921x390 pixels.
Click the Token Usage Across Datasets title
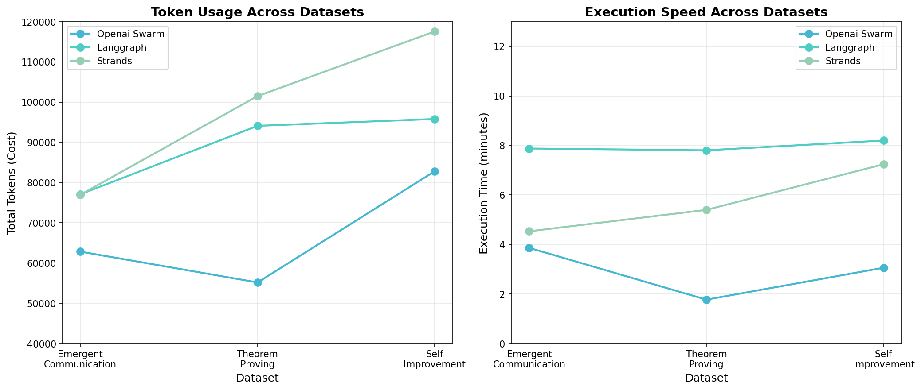tap(257, 12)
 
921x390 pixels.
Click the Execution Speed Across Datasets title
tap(706, 12)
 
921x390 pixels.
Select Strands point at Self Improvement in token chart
tap(435, 32)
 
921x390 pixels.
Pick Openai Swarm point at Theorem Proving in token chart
tap(258, 282)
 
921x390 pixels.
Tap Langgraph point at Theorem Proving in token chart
tap(258, 126)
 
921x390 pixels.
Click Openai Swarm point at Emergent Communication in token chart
tap(80, 251)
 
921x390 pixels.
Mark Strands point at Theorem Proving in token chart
tap(258, 97)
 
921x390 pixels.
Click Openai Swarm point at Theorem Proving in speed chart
tap(706, 300)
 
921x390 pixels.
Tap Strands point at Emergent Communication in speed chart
tap(529, 231)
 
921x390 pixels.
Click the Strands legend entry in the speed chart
tap(843, 61)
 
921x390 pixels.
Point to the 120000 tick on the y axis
tap(41, 22)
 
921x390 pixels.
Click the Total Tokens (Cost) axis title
tap(12, 183)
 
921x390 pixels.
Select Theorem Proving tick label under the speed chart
tap(706, 359)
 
